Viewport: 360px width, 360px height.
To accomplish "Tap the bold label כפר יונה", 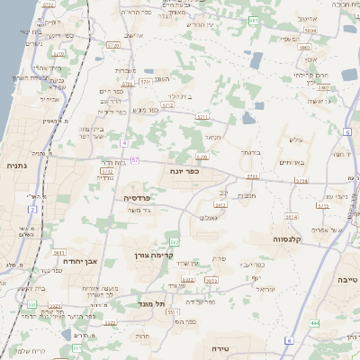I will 184,168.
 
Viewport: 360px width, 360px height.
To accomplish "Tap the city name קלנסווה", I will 293,240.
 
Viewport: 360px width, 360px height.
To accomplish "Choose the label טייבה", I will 346,280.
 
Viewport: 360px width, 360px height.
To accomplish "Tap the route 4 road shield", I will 124,143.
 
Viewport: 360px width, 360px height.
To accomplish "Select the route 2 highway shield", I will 32,210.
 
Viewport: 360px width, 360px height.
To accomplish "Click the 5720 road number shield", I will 112,44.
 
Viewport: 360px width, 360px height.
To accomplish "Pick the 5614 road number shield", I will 291,217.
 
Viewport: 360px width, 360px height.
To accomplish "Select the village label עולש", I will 298,139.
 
